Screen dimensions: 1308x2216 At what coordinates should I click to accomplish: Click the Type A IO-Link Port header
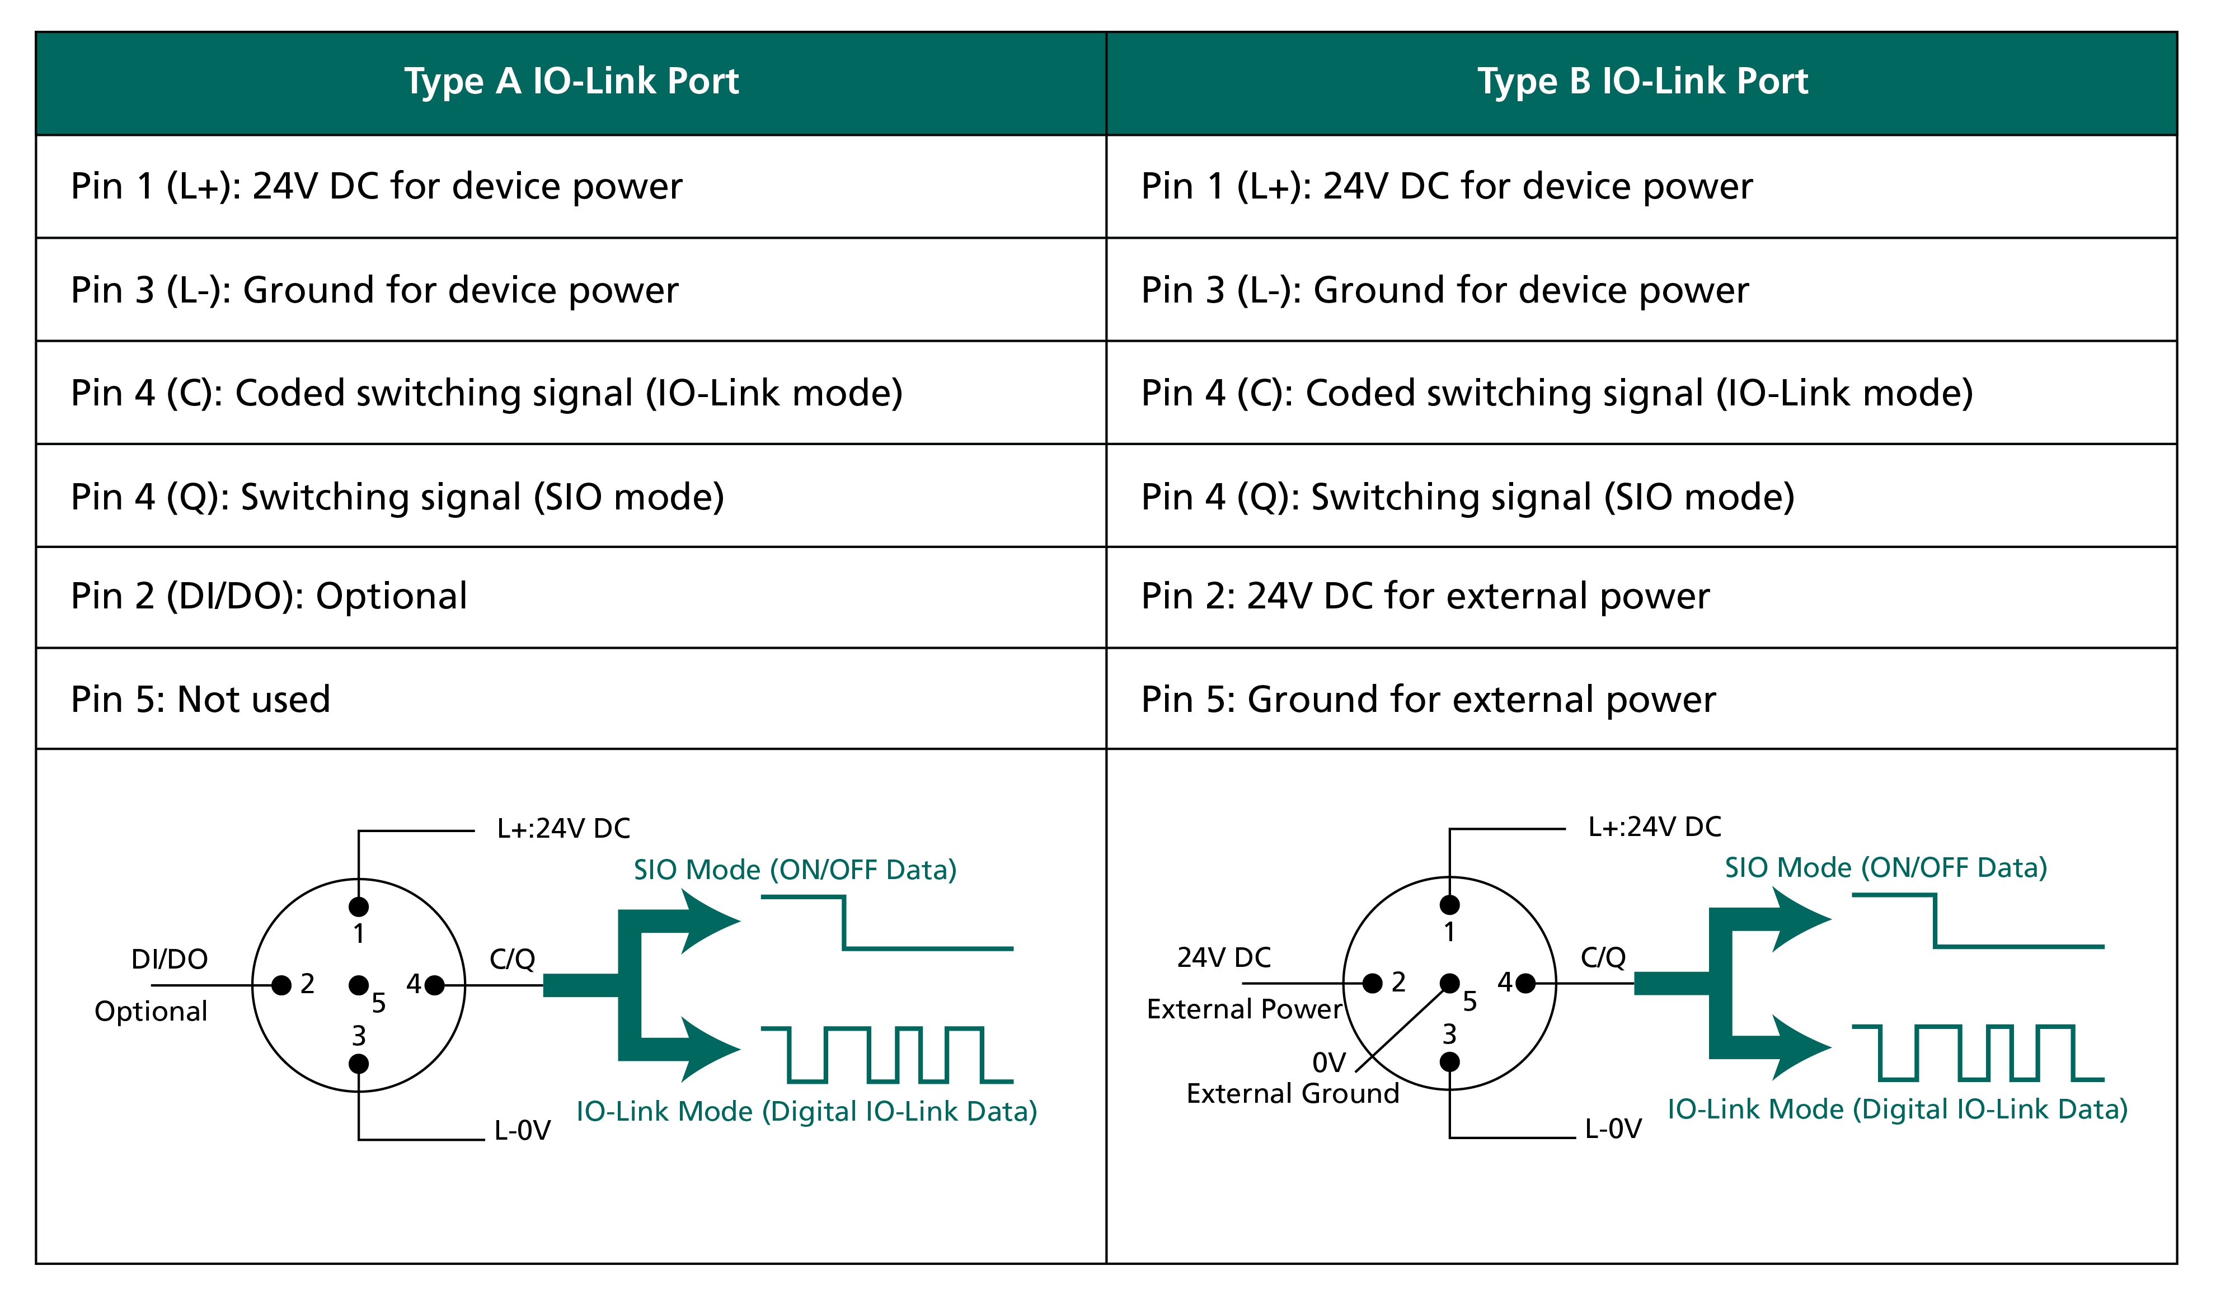coord(571,81)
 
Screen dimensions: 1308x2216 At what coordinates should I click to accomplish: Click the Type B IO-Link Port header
coord(1642,81)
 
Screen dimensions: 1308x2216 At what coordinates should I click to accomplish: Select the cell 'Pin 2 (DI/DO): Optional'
coord(269,597)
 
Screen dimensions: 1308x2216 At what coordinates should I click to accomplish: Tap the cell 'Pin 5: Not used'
coord(201,700)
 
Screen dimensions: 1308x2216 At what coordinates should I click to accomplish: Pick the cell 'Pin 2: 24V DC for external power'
coord(1425,597)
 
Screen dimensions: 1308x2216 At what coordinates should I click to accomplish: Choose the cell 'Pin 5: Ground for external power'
coord(1429,700)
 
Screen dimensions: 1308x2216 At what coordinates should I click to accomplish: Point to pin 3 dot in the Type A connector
coord(359,1064)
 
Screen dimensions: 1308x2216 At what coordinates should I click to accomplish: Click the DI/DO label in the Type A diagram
coord(170,959)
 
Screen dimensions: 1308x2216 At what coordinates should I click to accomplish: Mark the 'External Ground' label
coord(1293,1094)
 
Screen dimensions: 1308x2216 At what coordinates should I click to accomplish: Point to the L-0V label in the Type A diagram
coord(522,1131)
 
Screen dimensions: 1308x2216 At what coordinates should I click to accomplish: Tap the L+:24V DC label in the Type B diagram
coord(1654,827)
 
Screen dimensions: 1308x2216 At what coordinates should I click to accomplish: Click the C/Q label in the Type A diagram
coord(513,959)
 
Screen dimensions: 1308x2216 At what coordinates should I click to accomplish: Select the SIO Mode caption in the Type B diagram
coord(1885,867)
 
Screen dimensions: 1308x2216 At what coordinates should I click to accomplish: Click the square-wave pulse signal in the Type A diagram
coord(886,1055)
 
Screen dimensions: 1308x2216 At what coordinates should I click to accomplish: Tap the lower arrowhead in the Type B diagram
coord(1797,1048)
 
